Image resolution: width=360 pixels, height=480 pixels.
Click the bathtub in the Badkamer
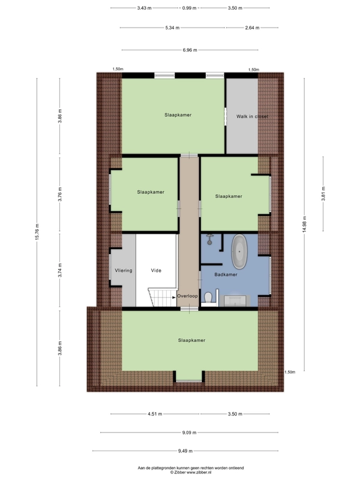(x=239, y=251)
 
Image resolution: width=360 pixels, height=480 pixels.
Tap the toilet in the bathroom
(x=208, y=297)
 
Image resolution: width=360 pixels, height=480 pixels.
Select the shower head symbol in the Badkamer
(x=209, y=239)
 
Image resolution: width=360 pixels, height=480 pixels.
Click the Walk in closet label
(x=252, y=116)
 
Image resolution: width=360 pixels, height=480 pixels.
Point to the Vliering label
(x=124, y=271)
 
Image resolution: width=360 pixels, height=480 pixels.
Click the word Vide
(x=156, y=271)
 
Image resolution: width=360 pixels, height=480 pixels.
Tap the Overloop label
(x=187, y=296)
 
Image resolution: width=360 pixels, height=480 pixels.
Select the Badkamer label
(x=226, y=275)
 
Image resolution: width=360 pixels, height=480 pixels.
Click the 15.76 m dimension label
(x=37, y=232)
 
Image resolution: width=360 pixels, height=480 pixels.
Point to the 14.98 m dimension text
(x=304, y=224)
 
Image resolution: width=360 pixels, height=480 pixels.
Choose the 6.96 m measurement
(x=190, y=50)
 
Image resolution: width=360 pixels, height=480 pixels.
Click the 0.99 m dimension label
(x=189, y=8)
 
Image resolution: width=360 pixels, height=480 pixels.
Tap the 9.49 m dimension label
(x=185, y=451)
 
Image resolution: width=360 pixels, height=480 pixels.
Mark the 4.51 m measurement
(x=155, y=414)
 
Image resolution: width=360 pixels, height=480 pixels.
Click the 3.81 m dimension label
(x=323, y=193)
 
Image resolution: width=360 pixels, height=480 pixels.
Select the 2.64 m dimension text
(x=252, y=28)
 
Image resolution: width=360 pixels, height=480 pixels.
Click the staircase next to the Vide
(x=163, y=297)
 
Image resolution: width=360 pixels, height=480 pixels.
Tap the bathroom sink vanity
(x=235, y=301)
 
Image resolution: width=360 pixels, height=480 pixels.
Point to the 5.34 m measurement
(x=172, y=28)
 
